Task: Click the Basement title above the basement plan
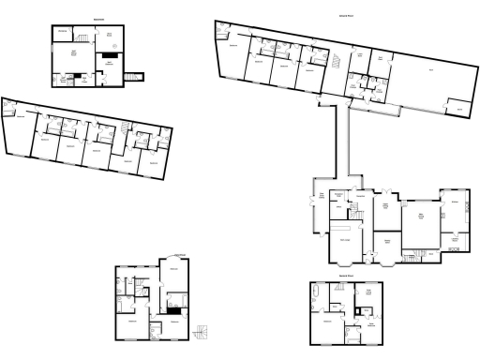(98, 19)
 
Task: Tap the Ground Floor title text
(346, 16)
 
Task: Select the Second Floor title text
(346, 277)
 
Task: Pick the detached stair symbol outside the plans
(200, 332)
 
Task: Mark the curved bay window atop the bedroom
(172, 256)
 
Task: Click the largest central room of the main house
(421, 219)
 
